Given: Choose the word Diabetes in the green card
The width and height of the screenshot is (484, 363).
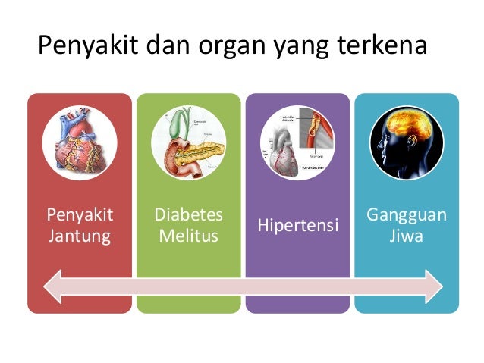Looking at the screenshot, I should point(189,216).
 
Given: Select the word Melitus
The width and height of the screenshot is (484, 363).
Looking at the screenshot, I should point(189,236).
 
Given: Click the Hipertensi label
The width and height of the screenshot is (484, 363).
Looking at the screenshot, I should point(297,226).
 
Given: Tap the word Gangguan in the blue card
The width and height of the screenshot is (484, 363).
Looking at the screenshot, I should point(407,216).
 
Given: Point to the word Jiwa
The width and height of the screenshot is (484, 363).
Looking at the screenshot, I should point(407,236).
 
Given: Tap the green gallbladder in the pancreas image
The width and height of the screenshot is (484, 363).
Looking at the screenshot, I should point(178,124).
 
